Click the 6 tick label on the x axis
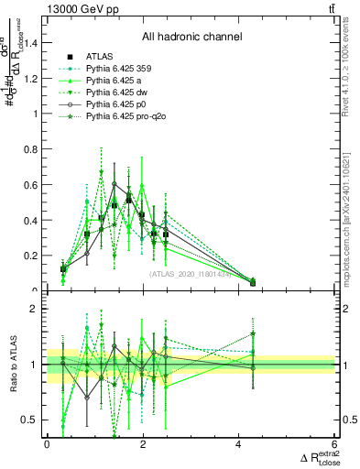pyautogui.click(x=334, y=444)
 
